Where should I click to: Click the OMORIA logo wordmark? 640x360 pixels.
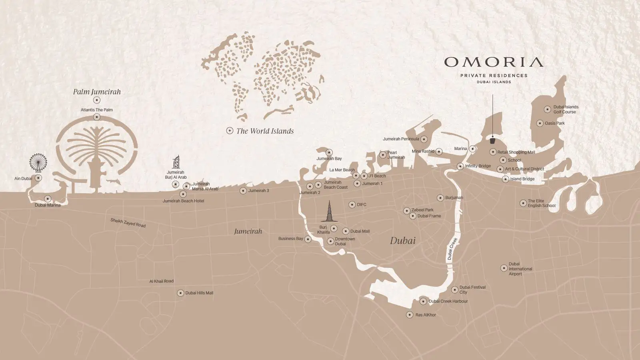tap(494, 62)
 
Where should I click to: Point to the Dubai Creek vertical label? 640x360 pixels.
tap(452, 248)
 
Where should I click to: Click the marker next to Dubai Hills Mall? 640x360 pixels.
tap(180, 293)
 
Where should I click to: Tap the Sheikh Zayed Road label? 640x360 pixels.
tap(128, 223)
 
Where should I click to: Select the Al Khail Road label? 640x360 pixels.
tap(161, 281)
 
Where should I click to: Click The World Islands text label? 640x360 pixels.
tap(265, 131)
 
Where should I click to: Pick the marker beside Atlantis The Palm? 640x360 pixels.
tap(96, 117)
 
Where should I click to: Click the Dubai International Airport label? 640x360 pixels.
tap(520, 269)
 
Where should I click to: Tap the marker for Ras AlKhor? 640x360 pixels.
tap(410, 315)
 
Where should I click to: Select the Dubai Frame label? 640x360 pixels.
tap(429, 216)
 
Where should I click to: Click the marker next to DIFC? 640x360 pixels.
tap(352, 204)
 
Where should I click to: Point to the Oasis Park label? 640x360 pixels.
tap(554, 123)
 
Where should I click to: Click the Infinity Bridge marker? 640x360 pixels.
tap(460, 166)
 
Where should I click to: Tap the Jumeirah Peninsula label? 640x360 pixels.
tap(401, 139)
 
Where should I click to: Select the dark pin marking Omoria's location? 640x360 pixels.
tap(493, 140)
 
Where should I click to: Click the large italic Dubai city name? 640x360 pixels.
tap(403, 241)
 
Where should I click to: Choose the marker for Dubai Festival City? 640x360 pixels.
tap(454, 290)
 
